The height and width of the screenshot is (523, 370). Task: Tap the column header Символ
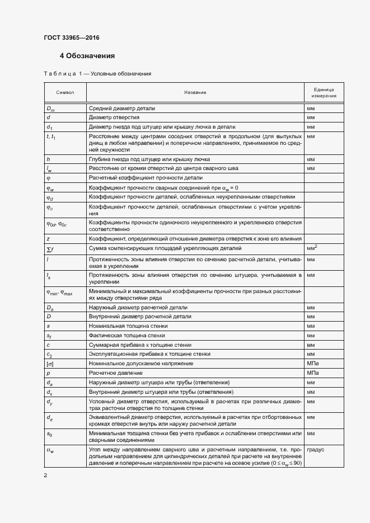65,92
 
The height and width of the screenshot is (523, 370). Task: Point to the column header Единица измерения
324,92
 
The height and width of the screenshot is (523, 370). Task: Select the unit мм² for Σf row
312,247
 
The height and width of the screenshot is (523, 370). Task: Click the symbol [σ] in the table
49,363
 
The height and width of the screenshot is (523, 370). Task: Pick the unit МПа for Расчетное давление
313,373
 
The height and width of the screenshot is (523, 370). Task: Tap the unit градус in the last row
316,449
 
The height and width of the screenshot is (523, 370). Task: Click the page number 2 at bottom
46,475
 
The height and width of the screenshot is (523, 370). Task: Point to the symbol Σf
49,248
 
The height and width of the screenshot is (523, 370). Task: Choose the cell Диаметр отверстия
114,118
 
